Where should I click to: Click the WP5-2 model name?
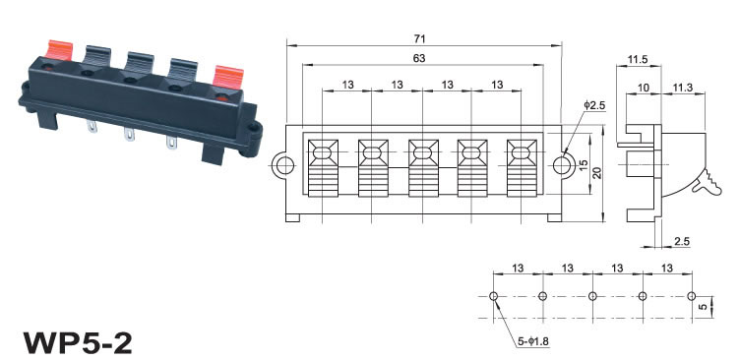79,342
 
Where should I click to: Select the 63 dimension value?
418,58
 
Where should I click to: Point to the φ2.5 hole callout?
593,105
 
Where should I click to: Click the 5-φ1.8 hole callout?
533,341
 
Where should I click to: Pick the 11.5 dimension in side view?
638,59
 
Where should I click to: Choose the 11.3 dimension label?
682,88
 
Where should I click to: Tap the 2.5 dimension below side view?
682,242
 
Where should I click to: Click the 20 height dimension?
597,172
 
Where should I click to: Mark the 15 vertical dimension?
584,165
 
